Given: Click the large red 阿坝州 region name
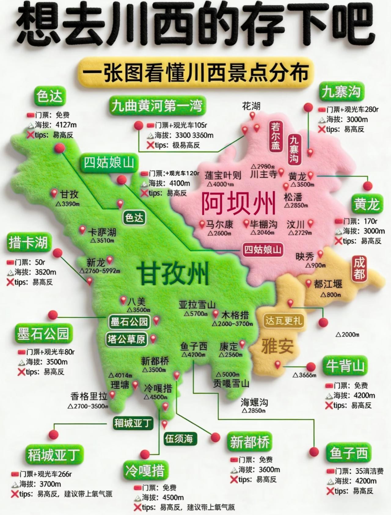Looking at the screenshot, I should click(238, 203).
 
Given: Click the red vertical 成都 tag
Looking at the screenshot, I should click(359, 268).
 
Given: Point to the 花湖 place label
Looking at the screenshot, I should click(251, 106).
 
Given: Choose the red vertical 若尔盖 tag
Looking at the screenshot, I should click(275, 136).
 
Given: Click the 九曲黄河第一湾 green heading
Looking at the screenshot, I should click(157, 106).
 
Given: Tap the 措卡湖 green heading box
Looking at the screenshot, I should click(28, 243).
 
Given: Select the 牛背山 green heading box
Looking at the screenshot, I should click(345, 366).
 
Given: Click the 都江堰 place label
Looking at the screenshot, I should click(328, 284).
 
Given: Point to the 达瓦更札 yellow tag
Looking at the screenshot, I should click(284, 321).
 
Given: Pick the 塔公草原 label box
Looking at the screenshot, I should click(126, 339).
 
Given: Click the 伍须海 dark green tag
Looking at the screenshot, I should click(179, 439).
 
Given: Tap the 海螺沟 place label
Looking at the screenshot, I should click(254, 402).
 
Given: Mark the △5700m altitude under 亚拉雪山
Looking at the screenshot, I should click(195, 314).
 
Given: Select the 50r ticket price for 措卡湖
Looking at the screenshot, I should click(40, 262).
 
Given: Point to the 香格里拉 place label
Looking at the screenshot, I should click(89, 396).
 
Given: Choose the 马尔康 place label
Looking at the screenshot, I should click(219, 225).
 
